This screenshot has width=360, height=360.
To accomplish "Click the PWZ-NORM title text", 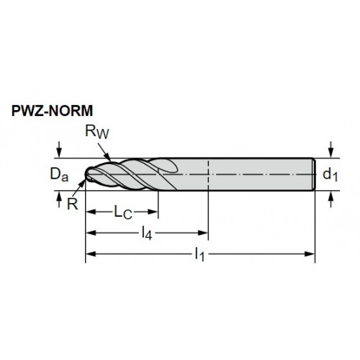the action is click(x=52, y=111).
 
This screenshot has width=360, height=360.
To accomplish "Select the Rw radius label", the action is click(x=97, y=132).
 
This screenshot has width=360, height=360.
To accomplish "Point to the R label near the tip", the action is click(x=73, y=204).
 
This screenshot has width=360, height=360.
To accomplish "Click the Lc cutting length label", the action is click(x=123, y=212).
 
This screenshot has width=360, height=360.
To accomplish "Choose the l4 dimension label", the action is click(x=147, y=233).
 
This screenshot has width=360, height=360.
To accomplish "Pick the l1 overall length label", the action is click(x=199, y=254).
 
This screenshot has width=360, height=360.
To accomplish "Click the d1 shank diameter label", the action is click(x=330, y=174).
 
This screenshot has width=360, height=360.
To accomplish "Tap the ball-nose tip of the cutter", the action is click(x=88, y=174).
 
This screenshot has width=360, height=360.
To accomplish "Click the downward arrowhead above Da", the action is click(x=59, y=153).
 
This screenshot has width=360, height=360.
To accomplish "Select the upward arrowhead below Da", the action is click(x=59, y=196).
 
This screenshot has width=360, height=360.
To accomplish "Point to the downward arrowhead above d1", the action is click(x=331, y=153).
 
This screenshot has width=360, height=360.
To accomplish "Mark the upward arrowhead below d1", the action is click(x=331, y=196).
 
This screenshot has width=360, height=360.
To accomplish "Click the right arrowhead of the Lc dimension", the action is click(x=153, y=212).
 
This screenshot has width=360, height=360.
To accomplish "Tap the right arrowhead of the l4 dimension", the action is click(x=203, y=233).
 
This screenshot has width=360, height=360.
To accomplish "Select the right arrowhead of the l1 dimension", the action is click(x=310, y=253).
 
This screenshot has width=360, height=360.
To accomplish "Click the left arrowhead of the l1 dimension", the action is click(x=91, y=253).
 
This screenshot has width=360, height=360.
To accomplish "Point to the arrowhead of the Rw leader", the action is click(x=109, y=158).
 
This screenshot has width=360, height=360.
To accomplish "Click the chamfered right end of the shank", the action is click(x=314, y=174).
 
